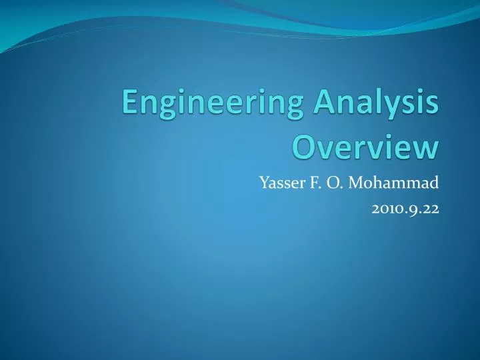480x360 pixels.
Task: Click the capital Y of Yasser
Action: tap(263, 182)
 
